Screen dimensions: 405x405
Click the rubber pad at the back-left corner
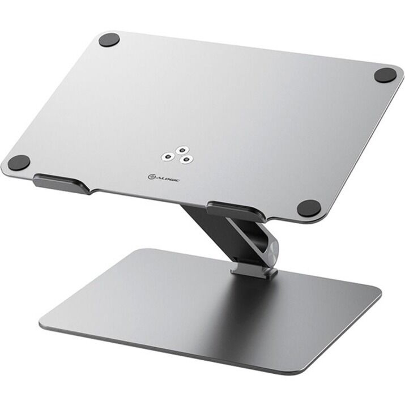(109, 40)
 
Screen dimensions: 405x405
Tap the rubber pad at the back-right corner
(385, 75)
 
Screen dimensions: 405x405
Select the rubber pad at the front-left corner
(19, 163)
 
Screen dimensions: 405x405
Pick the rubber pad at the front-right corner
(309, 208)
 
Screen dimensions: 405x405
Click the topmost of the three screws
(182, 150)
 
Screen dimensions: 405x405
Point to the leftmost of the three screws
(168, 156)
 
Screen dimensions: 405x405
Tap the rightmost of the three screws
(185, 160)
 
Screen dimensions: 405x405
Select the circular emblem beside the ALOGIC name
(152, 177)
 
